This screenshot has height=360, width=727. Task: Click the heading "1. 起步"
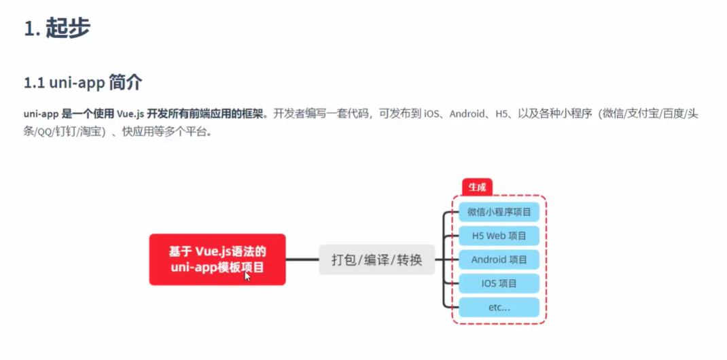[x=57, y=29]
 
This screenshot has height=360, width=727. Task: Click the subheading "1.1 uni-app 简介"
[x=83, y=83]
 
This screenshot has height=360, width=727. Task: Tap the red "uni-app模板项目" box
[x=217, y=259]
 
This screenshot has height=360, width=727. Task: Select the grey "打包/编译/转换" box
[x=376, y=259]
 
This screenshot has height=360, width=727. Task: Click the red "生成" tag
[x=477, y=187]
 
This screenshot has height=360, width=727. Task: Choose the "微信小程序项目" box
[x=499, y=212]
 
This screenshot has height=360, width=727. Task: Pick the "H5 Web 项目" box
[x=499, y=236]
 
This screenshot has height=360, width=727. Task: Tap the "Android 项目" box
[x=499, y=259]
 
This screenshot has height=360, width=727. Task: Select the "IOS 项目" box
[x=499, y=283]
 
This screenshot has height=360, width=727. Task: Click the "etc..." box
[x=499, y=307]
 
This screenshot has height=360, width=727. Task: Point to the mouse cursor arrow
[x=247, y=275]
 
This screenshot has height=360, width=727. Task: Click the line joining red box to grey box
[x=302, y=259]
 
